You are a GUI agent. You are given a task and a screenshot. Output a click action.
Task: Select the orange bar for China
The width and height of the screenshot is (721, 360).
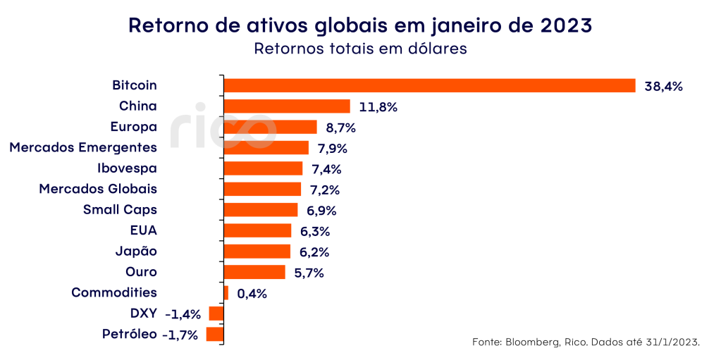[287, 106]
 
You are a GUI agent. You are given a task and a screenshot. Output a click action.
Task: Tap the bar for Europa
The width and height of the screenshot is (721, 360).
[270, 127]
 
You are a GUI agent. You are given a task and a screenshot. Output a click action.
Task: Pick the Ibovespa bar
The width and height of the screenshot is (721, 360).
[263, 168]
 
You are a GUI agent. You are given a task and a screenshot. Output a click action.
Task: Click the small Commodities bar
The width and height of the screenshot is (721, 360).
[226, 292]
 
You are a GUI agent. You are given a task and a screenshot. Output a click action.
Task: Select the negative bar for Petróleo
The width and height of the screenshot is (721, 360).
[215, 334]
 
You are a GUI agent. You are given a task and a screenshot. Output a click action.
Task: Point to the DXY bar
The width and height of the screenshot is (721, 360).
[216, 314]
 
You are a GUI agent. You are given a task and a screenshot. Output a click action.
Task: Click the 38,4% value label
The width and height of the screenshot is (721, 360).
[664, 87]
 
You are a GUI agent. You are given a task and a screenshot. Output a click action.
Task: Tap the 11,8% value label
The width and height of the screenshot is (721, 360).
[378, 107]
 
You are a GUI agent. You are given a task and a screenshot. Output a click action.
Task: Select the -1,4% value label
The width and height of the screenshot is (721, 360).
[183, 314]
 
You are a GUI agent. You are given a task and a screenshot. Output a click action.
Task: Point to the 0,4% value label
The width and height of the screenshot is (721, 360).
[252, 294]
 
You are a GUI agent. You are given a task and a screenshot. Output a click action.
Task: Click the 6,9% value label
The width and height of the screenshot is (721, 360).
[323, 211]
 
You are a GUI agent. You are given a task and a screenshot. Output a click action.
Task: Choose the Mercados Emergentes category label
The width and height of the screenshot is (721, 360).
[82, 147]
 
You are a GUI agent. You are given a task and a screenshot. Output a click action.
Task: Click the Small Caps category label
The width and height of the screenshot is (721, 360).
[120, 209]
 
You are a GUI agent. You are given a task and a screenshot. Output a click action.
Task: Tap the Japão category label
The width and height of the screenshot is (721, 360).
[136, 251]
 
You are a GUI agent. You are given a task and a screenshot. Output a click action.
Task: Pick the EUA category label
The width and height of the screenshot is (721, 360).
[143, 230]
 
